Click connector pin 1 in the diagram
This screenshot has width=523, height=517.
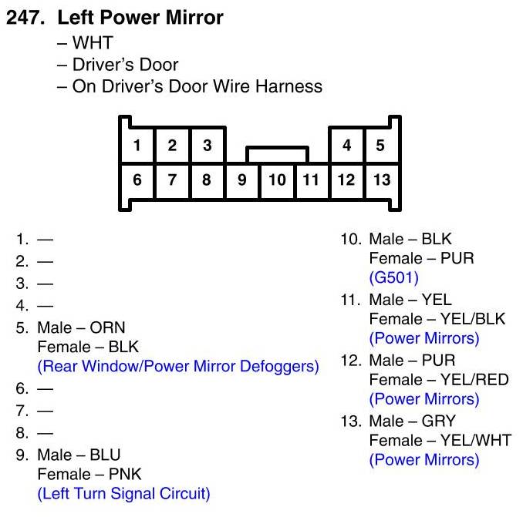point(137,145)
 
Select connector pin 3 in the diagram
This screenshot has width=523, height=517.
point(207,145)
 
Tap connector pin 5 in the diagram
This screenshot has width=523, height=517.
point(380,145)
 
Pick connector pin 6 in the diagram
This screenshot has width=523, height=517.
point(137,180)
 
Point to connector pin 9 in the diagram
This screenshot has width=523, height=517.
point(242,180)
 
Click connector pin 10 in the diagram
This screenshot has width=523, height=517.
point(278,180)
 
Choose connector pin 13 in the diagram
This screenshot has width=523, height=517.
point(381,180)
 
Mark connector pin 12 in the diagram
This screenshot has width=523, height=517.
point(346,180)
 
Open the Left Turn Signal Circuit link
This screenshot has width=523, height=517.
point(123,493)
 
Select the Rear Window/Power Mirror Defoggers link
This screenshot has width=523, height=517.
point(177,367)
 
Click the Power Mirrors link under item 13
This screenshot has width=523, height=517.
point(423,460)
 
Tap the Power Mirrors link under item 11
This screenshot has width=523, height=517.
point(423,338)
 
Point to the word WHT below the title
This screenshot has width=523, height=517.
point(98,43)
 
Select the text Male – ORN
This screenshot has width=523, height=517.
point(81,327)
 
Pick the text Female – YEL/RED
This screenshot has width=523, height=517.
point(439,380)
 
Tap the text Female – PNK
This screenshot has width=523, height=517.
point(89,474)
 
